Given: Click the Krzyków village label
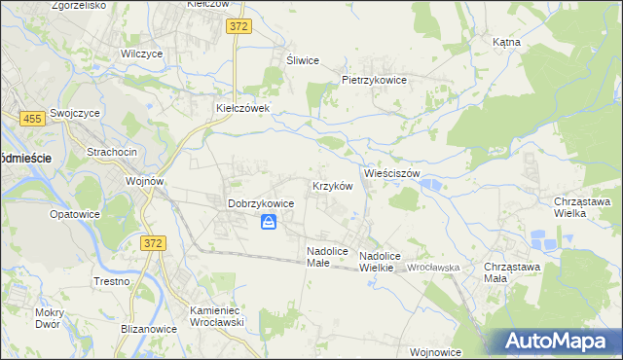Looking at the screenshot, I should (330, 185).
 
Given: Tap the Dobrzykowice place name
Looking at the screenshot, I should (261, 203).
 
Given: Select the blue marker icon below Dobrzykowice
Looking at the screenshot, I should (269, 223).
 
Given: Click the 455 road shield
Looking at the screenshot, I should (30, 118).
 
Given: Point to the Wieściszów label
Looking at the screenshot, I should (391, 172).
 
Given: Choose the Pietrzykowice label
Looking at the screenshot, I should (373, 80).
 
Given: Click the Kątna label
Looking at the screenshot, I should (506, 43).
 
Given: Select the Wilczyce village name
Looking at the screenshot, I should (140, 54).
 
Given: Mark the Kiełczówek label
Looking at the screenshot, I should (241, 108).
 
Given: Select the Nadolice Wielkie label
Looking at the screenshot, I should (382, 261).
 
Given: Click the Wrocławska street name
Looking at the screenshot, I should (433, 266).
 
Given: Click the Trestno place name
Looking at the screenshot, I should (112, 281).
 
